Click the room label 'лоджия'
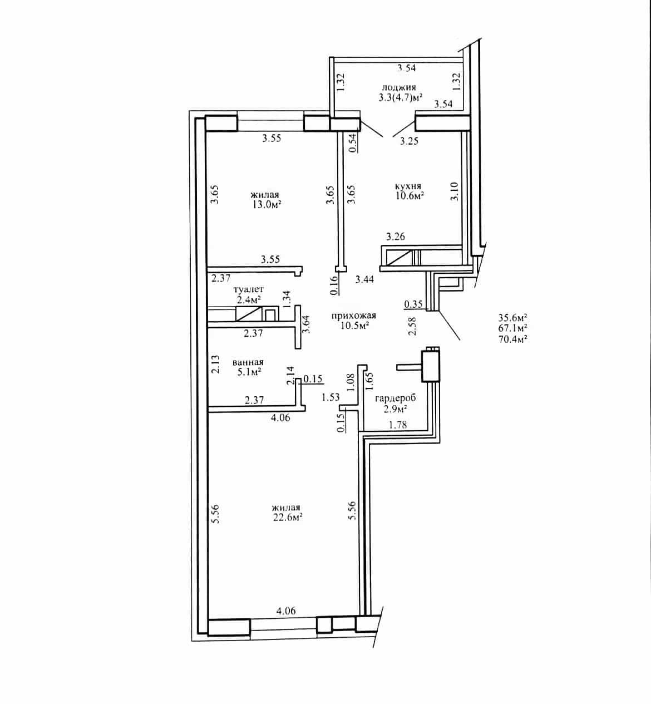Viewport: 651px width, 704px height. point(398,87)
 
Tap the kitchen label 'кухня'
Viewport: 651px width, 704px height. point(408,186)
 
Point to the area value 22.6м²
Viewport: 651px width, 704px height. point(287,517)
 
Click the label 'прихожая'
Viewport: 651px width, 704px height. point(353,316)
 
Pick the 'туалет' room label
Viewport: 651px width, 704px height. point(249,289)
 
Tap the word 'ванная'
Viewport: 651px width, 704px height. point(248,362)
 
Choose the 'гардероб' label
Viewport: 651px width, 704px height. point(396,398)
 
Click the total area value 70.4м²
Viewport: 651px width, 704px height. point(512,339)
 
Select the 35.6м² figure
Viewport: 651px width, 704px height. point(512,317)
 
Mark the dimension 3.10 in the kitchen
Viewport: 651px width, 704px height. point(454,191)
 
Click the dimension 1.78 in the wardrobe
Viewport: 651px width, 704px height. point(397,425)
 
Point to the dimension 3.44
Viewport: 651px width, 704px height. point(364,279)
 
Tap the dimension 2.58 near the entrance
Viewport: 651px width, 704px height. point(412,326)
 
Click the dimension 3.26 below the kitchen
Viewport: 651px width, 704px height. point(396,237)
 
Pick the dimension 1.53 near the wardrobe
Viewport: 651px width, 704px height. point(331,397)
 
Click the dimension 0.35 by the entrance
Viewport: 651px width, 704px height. point(413,304)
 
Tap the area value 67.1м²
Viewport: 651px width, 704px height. point(512,328)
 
